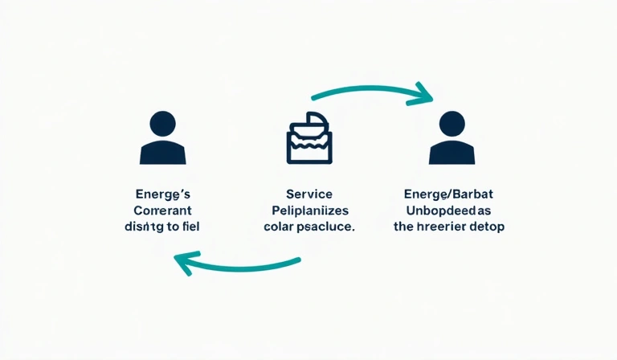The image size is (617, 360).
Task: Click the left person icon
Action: pos(163,138)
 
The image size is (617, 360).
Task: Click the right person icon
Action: pos(452,138)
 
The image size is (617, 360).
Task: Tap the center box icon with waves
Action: pos(309,137)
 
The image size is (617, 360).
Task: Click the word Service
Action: pos(308,194)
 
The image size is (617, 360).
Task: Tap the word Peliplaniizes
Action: pos(308,211)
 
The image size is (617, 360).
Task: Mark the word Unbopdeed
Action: pos(438,211)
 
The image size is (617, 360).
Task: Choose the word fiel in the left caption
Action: pos(190,227)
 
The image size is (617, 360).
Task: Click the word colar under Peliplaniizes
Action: pos(278,227)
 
